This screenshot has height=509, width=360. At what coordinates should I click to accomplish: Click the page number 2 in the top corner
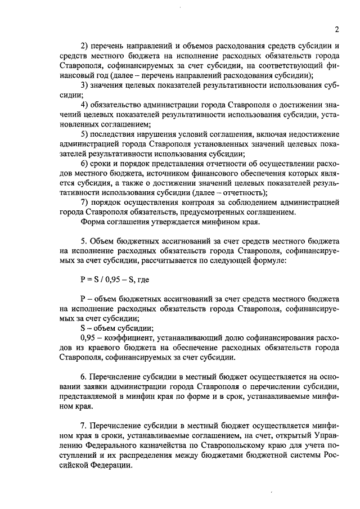(335, 29)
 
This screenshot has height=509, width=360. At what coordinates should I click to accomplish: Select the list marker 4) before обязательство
(85, 105)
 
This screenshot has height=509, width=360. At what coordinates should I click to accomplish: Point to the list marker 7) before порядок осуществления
(85, 201)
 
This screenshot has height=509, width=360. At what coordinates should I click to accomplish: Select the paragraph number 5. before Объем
(84, 241)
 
